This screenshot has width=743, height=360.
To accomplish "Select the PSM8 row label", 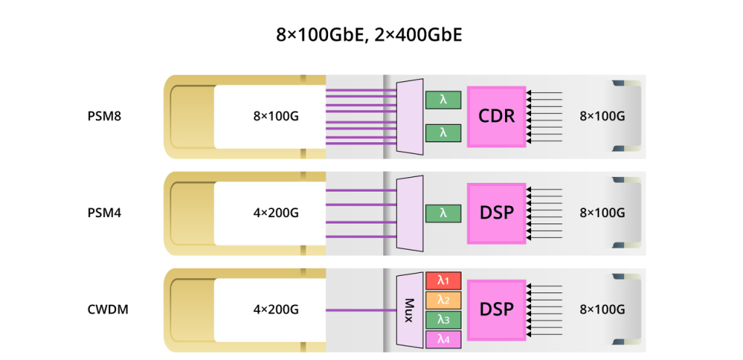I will (103, 115).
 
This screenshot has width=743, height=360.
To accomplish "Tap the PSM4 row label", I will (103, 213).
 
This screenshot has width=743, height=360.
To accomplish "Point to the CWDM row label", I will (104, 310).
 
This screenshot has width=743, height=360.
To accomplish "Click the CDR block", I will (496, 115).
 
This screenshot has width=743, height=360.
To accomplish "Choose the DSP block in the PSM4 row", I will (496, 213).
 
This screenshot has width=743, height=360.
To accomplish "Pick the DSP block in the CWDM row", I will (496, 310).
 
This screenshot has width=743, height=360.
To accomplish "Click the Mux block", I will (409, 310).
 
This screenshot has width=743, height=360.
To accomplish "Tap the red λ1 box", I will (443, 280).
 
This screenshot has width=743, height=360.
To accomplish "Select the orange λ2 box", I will (443, 300).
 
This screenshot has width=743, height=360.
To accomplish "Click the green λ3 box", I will (443, 319).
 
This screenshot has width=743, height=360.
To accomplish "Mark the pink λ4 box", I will (443, 338).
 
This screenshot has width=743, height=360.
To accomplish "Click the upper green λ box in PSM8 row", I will (443, 99).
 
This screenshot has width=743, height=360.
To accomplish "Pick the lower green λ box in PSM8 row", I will (443, 132).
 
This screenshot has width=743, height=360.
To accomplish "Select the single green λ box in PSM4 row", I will (443, 213).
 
